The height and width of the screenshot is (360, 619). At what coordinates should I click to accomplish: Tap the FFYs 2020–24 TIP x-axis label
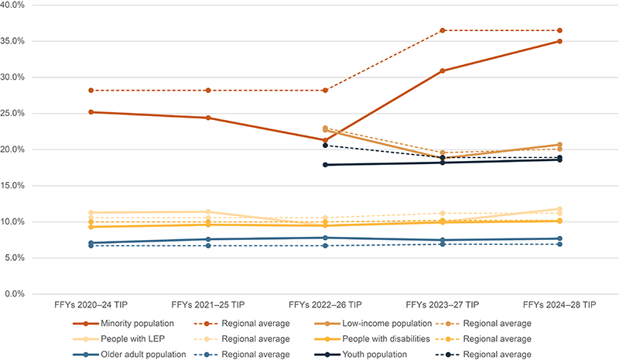coord(91,305)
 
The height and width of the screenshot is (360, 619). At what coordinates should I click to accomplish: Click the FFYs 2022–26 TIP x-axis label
coord(325,305)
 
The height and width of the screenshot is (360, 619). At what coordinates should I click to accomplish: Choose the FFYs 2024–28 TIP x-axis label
coord(559,305)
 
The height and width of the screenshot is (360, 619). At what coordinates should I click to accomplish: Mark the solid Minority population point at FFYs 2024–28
coord(559,41)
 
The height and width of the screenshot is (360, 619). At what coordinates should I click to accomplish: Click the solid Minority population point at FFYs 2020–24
coord(91,112)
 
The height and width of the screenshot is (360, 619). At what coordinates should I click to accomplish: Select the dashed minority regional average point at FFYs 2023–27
coord(443,30)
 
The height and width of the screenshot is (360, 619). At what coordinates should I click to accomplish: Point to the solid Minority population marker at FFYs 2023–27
coord(443,70)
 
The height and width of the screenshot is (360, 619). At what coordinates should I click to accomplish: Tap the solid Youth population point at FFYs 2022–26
coord(325,165)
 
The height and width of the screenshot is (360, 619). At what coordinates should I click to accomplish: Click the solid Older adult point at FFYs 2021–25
coord(208,239)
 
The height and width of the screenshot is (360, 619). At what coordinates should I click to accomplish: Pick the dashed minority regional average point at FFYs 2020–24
coord(91,91)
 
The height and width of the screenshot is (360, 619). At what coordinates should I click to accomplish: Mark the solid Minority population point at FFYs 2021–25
coord(208,118)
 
